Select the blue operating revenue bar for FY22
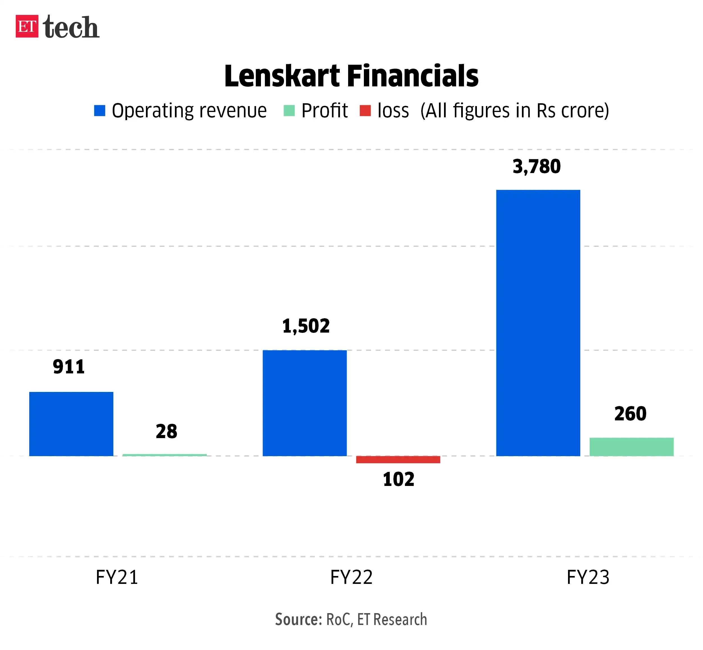point(305,403)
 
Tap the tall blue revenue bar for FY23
point(538,323)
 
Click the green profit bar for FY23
point(632,447)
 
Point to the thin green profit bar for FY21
point(165,455)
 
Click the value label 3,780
point(537,167)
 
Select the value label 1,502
point(306,326)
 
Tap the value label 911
point(69,367)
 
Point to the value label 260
point(630,414)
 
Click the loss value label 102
point(399,479)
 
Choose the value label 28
point(166,432)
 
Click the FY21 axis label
point(117,577)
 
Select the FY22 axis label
point(351,577)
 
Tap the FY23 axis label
point(588,577)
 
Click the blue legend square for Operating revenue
point(100,111)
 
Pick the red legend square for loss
point(365,111)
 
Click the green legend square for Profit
point(289,111)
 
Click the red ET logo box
point(27,26)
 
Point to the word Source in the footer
point(298,619)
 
